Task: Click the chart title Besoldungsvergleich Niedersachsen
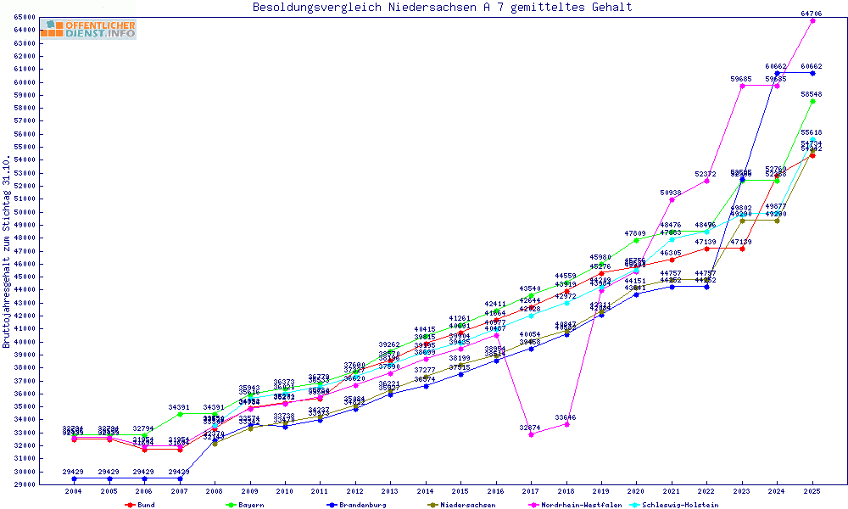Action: (442, 8)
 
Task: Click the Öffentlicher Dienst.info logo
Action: (87, 30)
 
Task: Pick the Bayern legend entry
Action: (246, 505)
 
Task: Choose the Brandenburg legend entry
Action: (356, 505)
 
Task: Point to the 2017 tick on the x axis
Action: (532, 491)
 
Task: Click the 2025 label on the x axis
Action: (812, 491)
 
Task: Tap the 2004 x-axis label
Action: (75, 491)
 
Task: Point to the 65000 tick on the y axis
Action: (24, 17)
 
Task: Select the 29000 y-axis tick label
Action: (24, 484)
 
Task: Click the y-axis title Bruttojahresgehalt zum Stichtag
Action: (8, 252)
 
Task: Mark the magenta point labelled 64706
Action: (812, 20)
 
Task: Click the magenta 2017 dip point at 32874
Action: (532, 434)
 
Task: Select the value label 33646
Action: (566, 417)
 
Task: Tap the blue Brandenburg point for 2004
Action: (75, 478)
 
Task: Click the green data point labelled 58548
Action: (812, 101)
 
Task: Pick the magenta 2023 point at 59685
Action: (742, 86)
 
